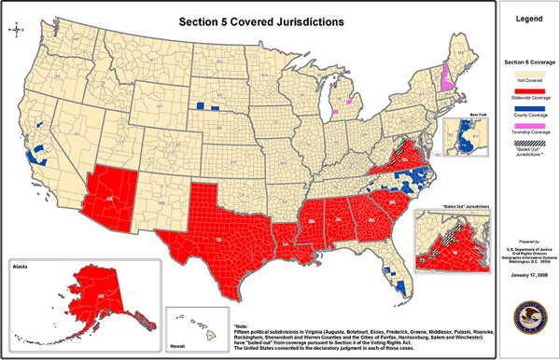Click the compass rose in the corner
(16, 30)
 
